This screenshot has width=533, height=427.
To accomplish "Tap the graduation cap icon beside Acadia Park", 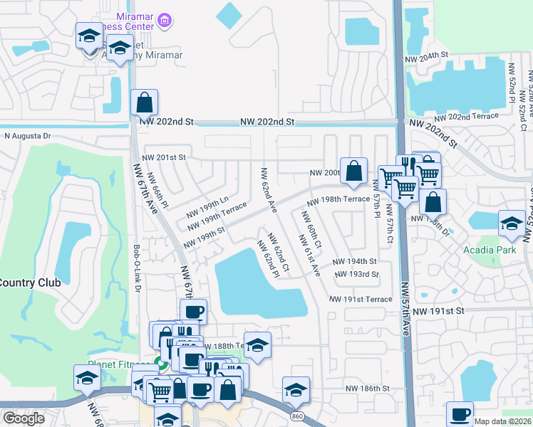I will tap(512, 223).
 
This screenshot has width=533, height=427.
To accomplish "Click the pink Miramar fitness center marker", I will tap(165, 21).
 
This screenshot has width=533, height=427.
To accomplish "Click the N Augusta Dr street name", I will tap(28, 135).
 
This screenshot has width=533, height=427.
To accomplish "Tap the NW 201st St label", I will tap(163, 157).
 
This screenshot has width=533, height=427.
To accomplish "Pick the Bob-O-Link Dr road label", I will tap(137, 268).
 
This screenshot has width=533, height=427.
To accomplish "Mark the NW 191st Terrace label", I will tap(361, 300).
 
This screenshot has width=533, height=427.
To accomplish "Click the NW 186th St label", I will tap(368, 389).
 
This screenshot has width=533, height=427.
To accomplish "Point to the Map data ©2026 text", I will tap(502, 421).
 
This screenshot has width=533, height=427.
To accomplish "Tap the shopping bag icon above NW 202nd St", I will tap(144, 102).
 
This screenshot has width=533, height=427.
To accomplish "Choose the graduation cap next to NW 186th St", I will tap(296, 390).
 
